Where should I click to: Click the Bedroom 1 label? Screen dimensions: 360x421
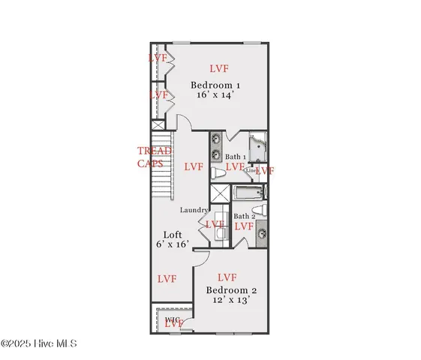(x=215, y=85)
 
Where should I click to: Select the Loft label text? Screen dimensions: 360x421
(x=173, y=234)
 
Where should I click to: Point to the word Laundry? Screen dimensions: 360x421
(x=193, y=210)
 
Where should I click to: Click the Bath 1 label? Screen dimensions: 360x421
(x=233, y=156)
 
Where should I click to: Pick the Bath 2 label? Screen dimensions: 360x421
(x=243, y=216)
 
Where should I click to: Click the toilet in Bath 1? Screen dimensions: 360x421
(x=217, y=172)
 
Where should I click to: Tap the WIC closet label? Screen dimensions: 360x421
(x=172, y=319)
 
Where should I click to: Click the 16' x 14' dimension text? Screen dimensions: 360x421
(x=215, y=95)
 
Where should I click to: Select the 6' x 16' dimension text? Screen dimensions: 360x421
(x=172, y=244)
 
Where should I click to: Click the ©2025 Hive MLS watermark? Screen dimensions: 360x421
(x=38, y=343)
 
